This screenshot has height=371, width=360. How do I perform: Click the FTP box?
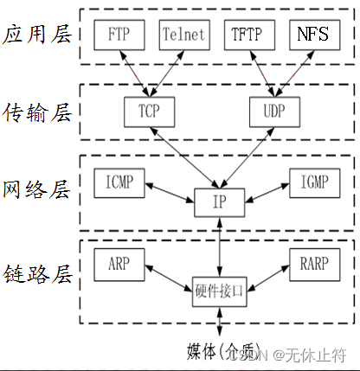pos(120,35)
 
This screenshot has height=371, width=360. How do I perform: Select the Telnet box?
pos(183,35)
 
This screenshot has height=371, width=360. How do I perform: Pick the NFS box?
pos(311,35)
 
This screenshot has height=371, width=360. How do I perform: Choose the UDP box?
pos(272,112)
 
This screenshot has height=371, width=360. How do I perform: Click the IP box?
pos(222,201)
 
